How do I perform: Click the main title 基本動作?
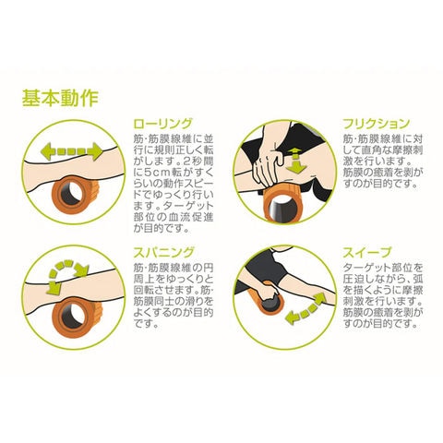(x=60, y=98)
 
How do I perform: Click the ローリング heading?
(x=162, y=124)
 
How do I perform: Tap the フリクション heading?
(x=377, y=124)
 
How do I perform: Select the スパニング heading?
(x=163, y=253)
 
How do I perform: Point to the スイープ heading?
(x=367, y=253)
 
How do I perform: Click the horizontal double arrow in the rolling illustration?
(x=71, y=151)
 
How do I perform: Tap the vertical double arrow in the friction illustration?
(x=295, y=161)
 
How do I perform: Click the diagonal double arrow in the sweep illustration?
(x=305, y=308)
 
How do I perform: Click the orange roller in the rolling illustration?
(x=75, y=194)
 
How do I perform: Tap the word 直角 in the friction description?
(x=379, y=150)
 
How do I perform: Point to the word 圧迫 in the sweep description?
(x=353, y=279)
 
